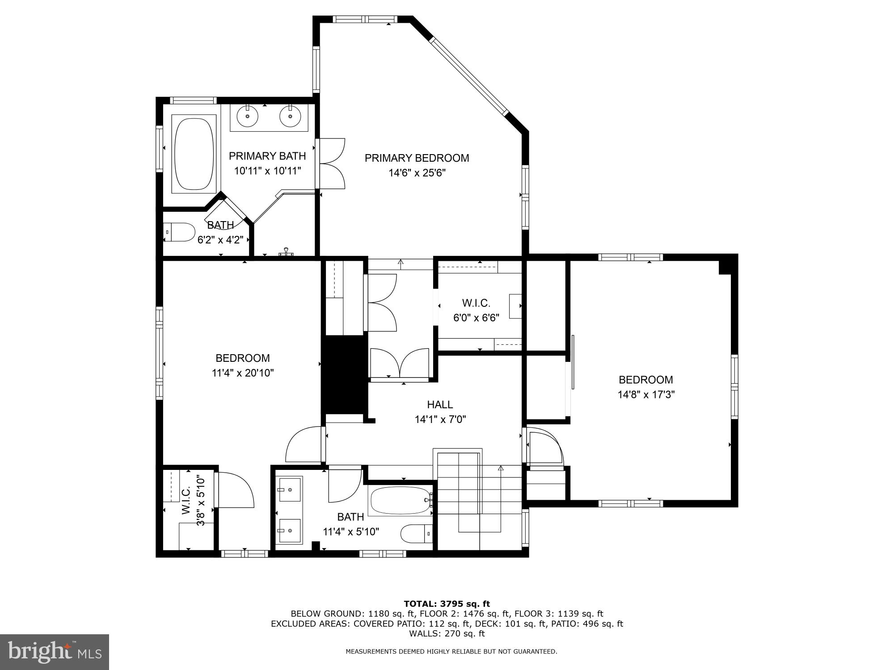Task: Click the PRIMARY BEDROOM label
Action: (417, 158)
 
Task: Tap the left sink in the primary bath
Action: (247, 117)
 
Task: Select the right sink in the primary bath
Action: (290, 117)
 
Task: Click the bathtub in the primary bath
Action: (194, 154)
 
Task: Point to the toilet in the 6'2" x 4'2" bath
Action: (179, 232)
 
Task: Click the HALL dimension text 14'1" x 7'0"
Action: (440, 419)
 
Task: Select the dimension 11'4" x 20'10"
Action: (243, 373)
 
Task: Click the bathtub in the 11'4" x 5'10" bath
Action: (399, 501)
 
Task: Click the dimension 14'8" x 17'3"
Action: (646, 395)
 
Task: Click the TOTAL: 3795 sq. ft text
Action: (447, 604)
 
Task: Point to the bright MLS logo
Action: (55, 652)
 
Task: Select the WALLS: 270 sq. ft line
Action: (447, 633)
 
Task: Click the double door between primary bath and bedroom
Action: (331, 163)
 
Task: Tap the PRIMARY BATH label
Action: (267, 156)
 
